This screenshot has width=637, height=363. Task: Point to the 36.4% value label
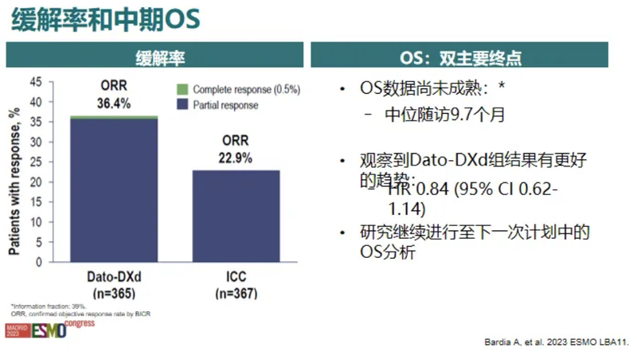[115, 103]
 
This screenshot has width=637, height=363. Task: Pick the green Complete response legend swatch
[182, 89]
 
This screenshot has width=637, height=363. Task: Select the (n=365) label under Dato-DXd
[115, 294]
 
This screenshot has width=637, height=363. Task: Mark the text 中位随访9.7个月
[444, 114]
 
